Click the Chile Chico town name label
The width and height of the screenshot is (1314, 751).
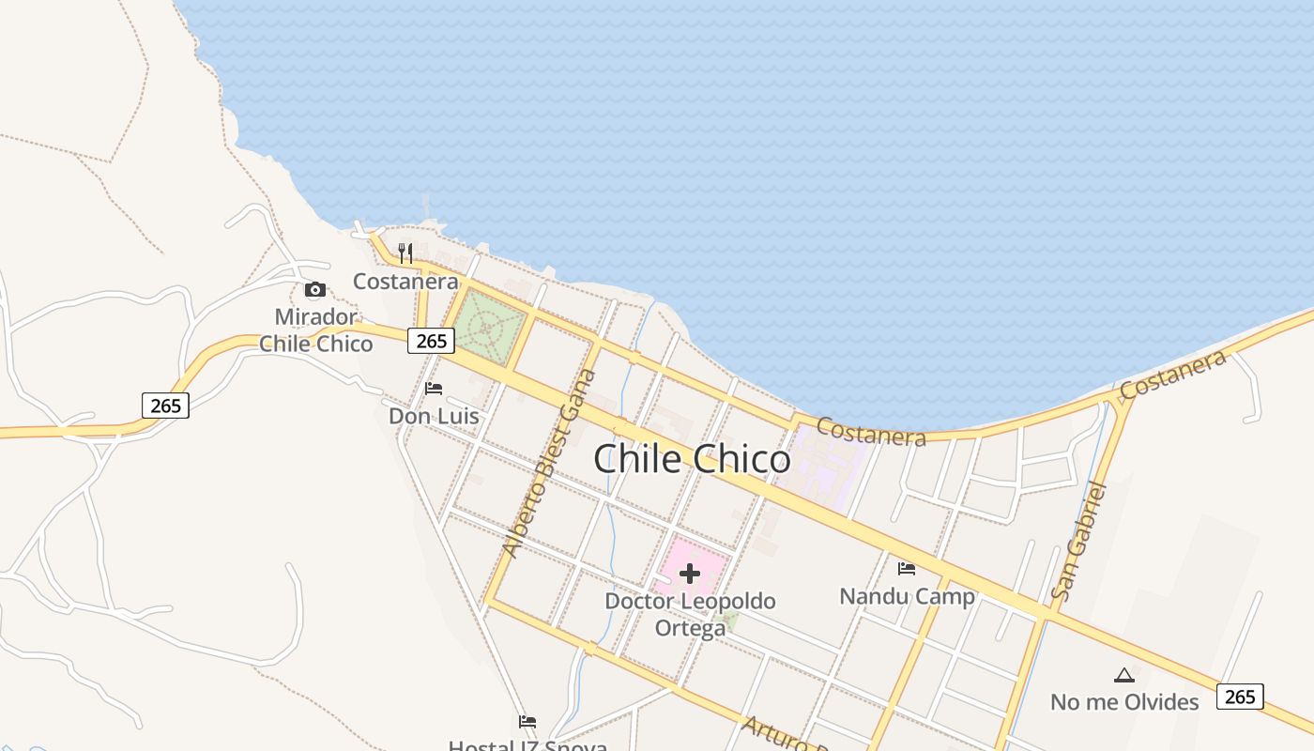[x=692, y=459]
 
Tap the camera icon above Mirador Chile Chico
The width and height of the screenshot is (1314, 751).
[x=315, y=289]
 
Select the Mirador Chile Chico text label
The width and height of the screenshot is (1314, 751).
[x=315, y=330]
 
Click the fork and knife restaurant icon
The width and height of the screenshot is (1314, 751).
[x=405, y=253]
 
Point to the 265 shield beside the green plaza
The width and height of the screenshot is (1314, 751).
[x=431, y=341]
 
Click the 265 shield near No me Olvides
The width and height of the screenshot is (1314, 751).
[x=1240, y=697]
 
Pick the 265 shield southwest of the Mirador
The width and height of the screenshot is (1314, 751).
[x=165, y=406]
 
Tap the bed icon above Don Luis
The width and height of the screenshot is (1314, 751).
[x=434, y=388]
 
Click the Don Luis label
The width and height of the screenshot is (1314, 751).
[x=434, y=415]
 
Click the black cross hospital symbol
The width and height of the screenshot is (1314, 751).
[x=690, y=574]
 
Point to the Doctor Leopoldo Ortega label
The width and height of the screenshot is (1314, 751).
[x=690, y=614]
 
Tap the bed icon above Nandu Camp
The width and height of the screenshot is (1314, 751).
[x=907, y=568]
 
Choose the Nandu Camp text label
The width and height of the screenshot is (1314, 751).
[x=907, y=596]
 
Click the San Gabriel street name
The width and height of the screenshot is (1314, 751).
[x=1079, y=541]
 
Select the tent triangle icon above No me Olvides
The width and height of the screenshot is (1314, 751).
[x=1123, y=675]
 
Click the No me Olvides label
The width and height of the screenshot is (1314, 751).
[x=1123, y=702]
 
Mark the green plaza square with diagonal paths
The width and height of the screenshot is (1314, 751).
[x=488, y=327]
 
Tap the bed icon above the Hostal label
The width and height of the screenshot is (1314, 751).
[x=527, y=721]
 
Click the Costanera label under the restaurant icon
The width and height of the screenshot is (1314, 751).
[x=405, y=281]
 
